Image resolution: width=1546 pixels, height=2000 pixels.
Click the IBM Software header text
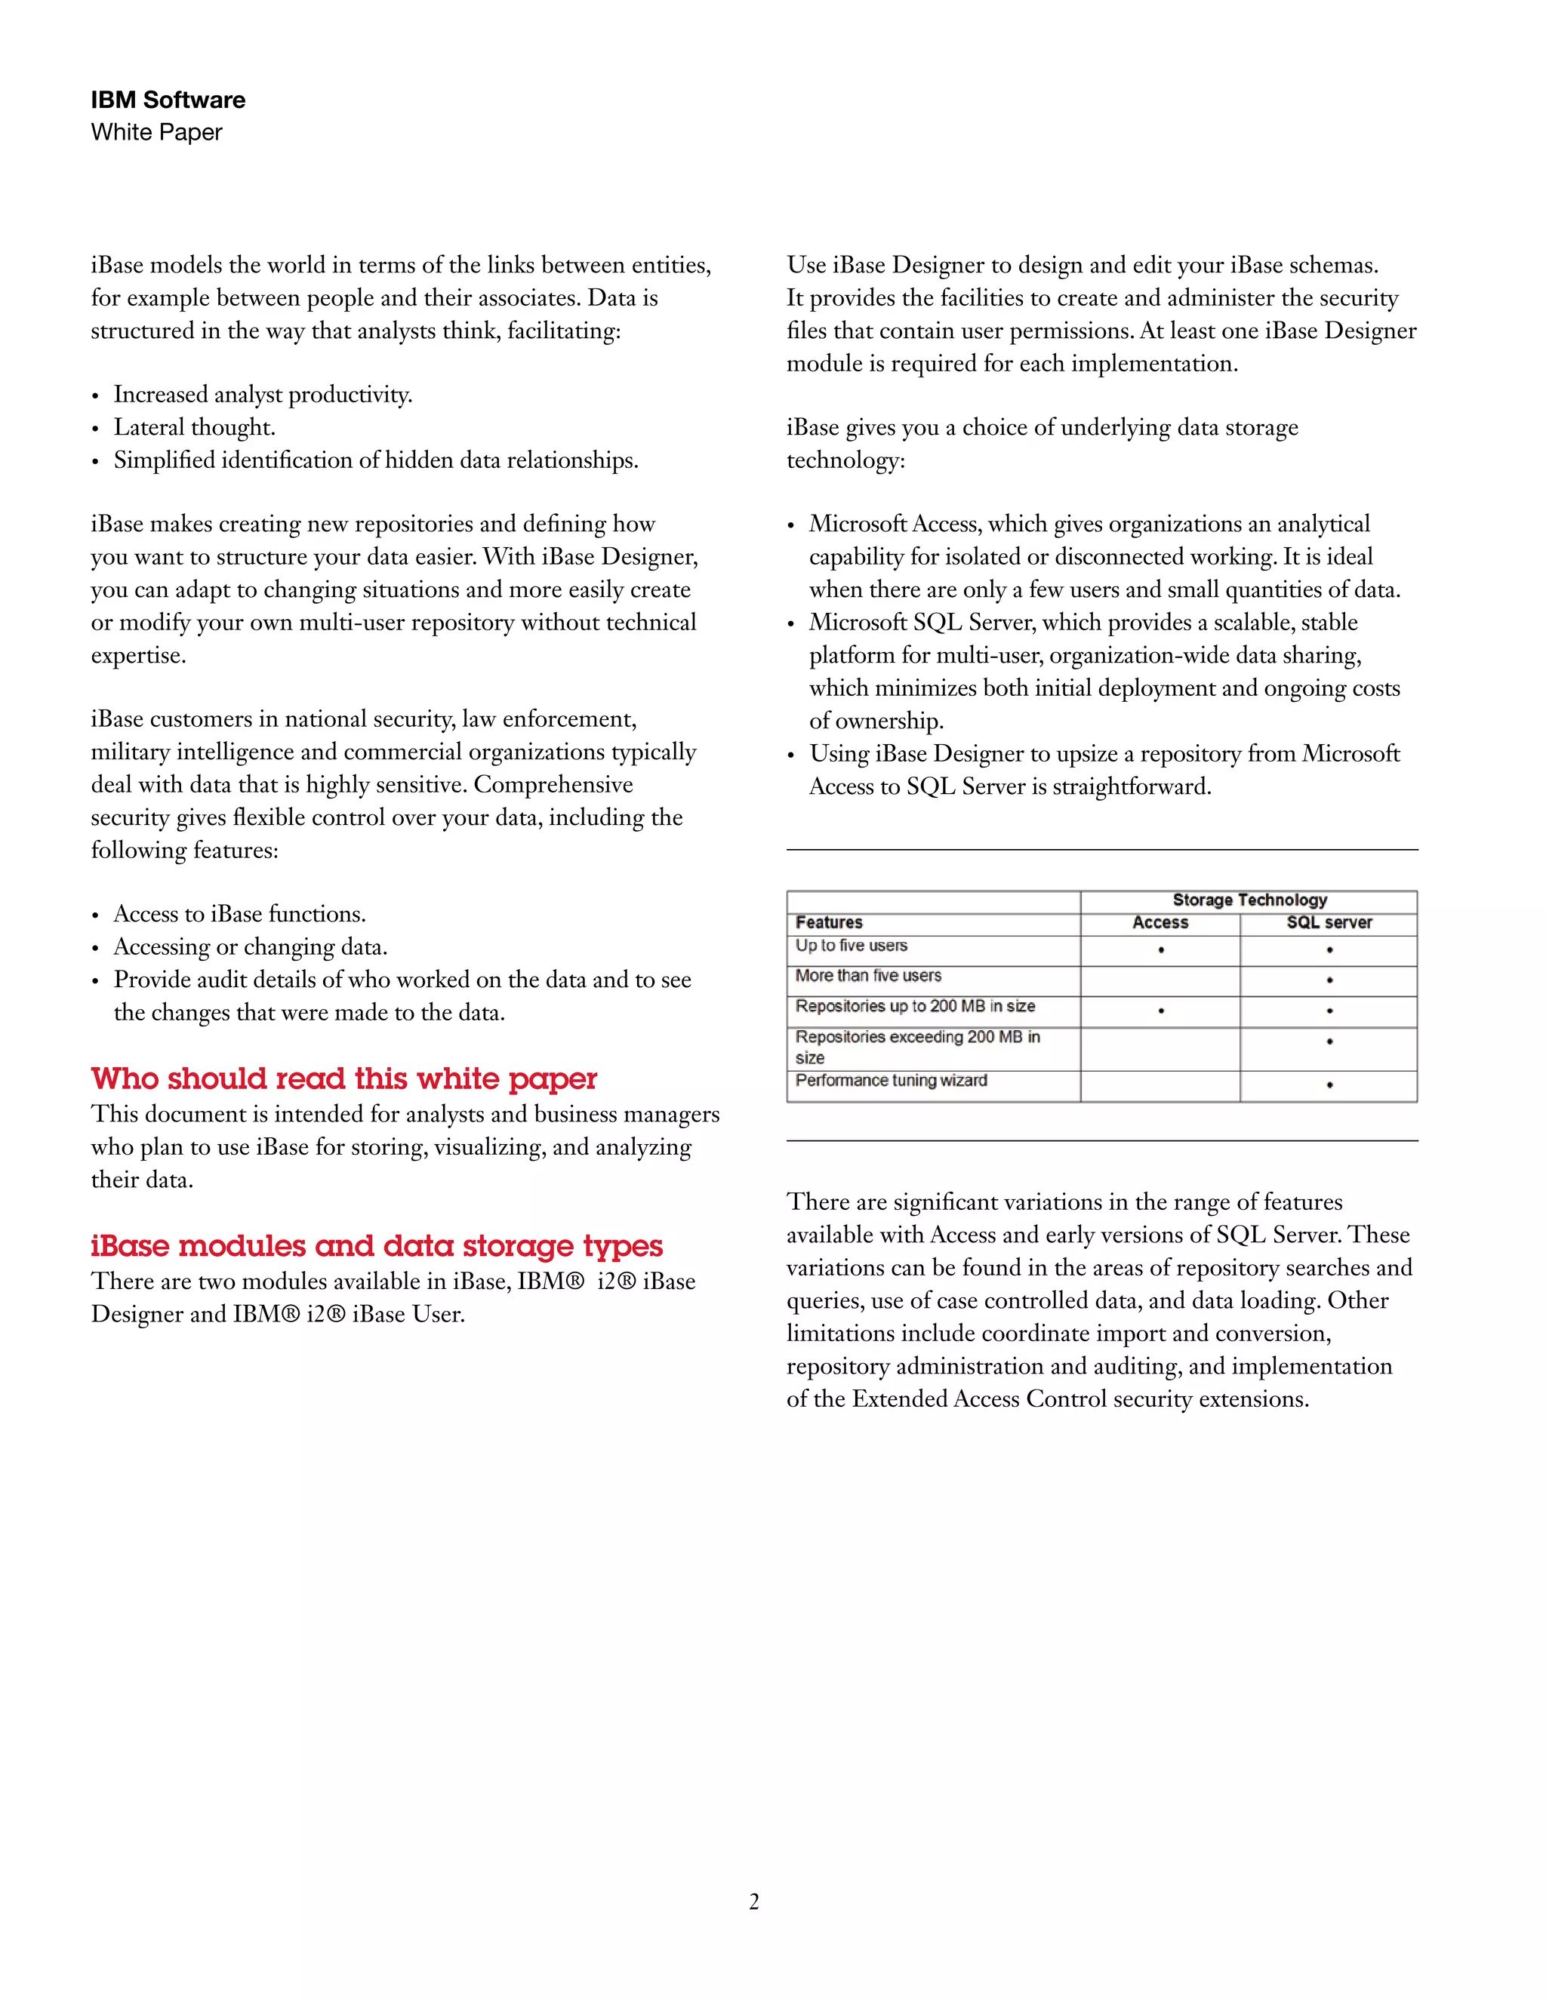coord(168,100)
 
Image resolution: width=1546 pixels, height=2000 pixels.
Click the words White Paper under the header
coord(156,132)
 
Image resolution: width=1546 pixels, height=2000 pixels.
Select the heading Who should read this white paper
coord(343,1078)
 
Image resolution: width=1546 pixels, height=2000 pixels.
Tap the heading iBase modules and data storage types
coord(377,1245)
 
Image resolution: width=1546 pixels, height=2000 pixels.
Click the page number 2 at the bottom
coord(754,1902)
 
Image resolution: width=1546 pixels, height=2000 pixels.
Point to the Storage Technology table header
coord(1249,900)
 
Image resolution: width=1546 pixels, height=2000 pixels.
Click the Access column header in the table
coord(1159,922)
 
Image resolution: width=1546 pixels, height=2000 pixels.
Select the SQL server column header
coord(1329,922)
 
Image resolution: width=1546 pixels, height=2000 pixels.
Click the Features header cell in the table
coord(829,922)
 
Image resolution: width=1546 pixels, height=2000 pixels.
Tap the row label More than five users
coord(867,975)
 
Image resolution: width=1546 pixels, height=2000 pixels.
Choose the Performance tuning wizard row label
coord(892,1081)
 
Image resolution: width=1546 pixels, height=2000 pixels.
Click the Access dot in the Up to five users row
coord(1160,950)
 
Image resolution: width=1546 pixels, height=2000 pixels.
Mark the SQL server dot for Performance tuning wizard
coord(1329,1085)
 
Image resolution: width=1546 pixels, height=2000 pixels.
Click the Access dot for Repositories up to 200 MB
coord(1160,1011)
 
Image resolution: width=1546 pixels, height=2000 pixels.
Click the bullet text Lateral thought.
coord(194,428)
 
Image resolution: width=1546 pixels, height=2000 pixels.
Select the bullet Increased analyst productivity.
coord(263,395)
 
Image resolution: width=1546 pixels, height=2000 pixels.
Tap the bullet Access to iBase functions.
coord(239,914)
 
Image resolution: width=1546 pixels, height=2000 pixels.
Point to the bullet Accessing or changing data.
coord(250,947)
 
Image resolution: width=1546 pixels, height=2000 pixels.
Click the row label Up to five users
coord(851,945)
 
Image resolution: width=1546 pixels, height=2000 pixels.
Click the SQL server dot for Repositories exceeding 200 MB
coord(1329,1042)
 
